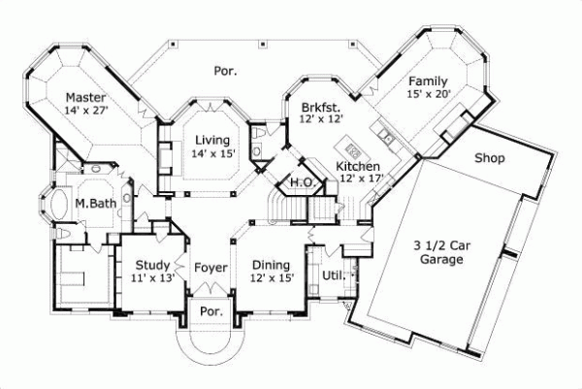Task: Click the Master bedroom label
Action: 85,97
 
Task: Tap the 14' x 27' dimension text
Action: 85,111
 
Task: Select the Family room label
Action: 428,81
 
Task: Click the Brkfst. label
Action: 320,106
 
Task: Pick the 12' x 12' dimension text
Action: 320,119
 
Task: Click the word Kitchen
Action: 357,167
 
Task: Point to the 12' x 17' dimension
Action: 361,179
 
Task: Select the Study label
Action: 153,265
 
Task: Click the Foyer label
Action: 210,265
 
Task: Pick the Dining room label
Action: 271,265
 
